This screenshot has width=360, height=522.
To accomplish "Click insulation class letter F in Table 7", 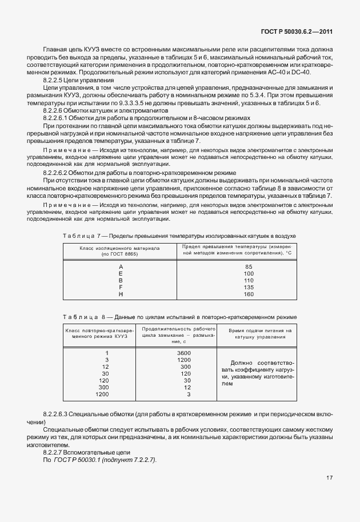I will point(121,288).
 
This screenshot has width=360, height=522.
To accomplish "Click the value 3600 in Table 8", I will point(184,353).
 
